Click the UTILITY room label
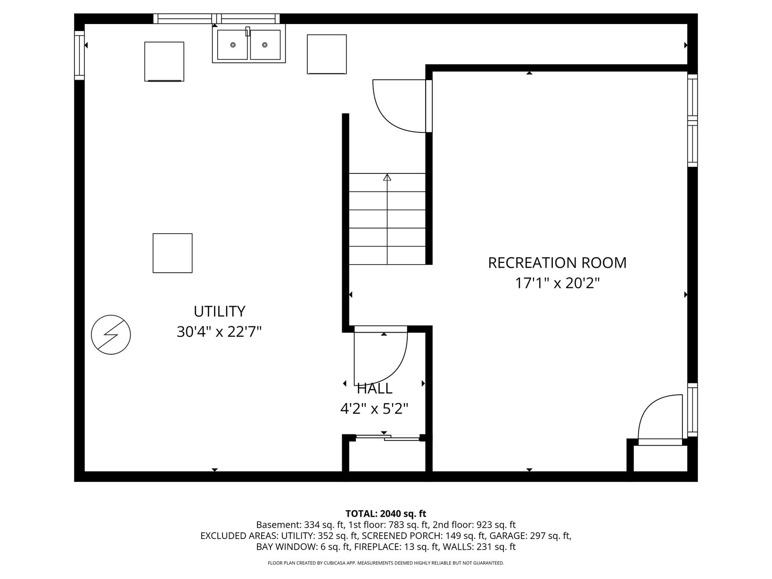pos(219,311)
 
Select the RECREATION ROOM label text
pos(557,263)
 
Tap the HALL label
pos(374,389)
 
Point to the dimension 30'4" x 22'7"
pos(219,332)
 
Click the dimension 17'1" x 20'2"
pos(557,283)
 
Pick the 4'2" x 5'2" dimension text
pos(374,408)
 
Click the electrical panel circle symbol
pos(111,334)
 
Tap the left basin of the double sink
pos(232,45)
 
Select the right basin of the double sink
pos(265,45)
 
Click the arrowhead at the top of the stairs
pos(387,177)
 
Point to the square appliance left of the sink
pos(164,62)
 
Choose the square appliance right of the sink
pos(327,54)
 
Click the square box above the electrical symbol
pos(172,253)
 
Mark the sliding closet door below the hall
pos(387,437)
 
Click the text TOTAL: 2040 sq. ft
pos(386,514)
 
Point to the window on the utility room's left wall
pos(80,55)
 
